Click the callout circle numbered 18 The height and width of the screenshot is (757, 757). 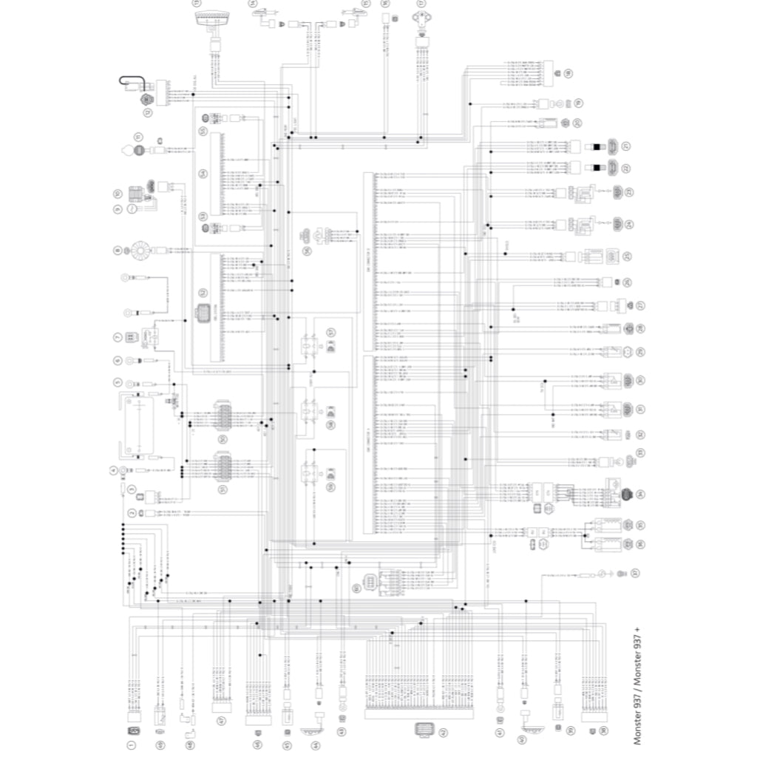568,73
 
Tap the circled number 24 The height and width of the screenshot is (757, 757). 628,223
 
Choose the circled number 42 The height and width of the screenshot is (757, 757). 442,732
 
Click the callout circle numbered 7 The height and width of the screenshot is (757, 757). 118,337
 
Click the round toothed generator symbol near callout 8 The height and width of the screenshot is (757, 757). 139,250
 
